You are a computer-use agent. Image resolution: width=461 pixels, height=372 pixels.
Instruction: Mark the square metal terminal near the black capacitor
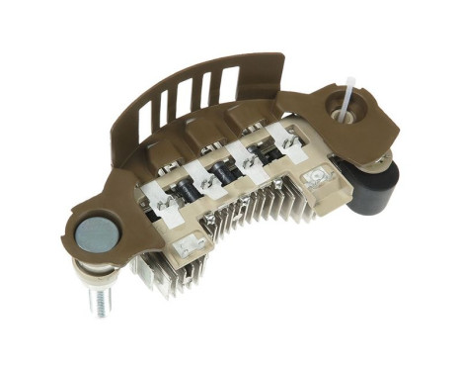[x=318, y=178]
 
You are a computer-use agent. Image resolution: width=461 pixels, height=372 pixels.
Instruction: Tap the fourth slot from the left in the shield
[x=204, y=90]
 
